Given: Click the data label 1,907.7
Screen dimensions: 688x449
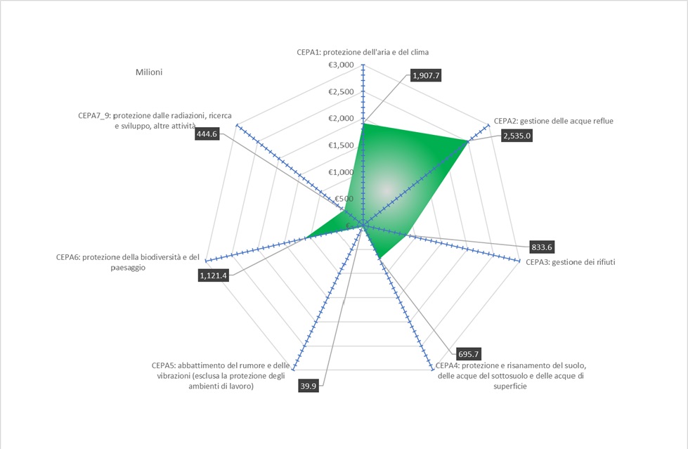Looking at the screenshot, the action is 426,75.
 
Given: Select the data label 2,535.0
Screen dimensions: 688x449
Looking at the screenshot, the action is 517,136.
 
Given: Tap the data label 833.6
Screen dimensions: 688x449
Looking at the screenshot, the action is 542,247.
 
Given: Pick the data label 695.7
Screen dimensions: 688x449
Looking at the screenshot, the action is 469,354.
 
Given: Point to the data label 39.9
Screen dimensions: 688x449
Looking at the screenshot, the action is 309,386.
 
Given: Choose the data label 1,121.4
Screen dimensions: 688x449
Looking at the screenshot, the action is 213,275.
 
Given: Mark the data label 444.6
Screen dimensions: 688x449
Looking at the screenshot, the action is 207,134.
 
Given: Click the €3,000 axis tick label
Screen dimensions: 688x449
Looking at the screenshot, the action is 341,65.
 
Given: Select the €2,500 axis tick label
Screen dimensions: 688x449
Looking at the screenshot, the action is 341,92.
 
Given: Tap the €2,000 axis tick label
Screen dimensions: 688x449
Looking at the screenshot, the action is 341,118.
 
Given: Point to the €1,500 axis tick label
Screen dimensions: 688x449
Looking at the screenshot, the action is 341,145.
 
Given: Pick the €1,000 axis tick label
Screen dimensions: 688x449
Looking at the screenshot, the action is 341,172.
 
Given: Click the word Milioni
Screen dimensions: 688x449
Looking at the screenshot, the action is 149,72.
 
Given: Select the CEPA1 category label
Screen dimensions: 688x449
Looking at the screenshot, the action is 363,52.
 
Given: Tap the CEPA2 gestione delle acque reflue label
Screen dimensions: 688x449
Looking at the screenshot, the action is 554,121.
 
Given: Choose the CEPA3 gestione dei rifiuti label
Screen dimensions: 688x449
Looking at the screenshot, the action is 571,262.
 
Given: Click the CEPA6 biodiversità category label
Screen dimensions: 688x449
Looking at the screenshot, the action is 128,262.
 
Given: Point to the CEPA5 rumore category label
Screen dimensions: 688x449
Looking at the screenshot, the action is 221,376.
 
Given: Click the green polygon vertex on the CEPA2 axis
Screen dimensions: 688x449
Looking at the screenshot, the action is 468,141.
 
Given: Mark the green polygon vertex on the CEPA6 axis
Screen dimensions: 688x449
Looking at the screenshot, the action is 306,238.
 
